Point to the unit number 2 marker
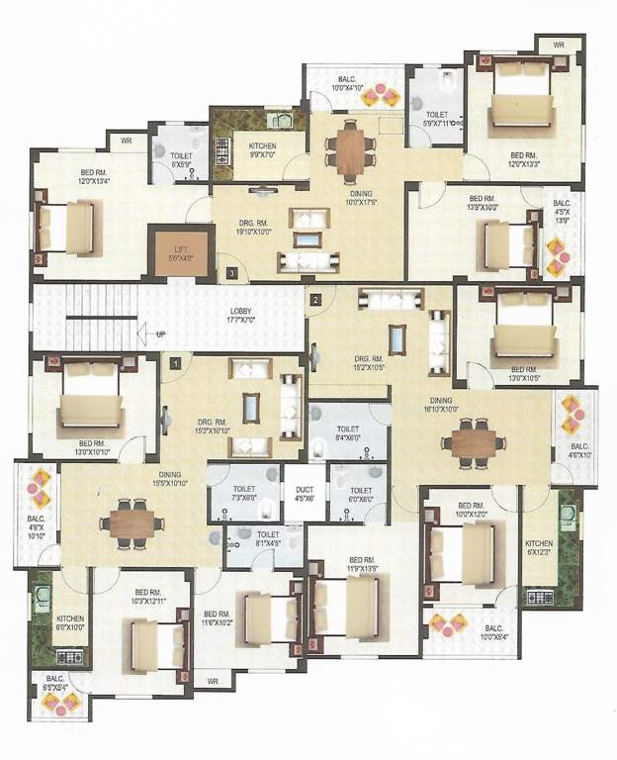[x=315, y=299]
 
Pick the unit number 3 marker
[x=231, y=271]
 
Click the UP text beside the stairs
[x=160, y=335]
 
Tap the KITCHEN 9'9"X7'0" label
[x=262, y=150]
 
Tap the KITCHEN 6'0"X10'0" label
[x=46, y=622]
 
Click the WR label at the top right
[x=558, y=45]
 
